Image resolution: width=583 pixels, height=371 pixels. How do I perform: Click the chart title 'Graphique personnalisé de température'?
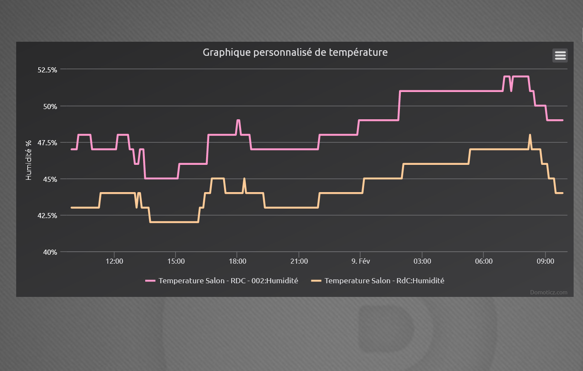pyautogui.click(x=295, y=52)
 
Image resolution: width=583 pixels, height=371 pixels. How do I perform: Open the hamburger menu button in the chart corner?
pyautogui.click(x=560, y=55)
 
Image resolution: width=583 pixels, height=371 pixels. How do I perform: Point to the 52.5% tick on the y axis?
pyautogui.click(x=47, y=69)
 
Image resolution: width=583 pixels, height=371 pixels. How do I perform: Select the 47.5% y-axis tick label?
pyautogui.click(x=47, y=143)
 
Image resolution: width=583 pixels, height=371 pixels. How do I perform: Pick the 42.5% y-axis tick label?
pyautogui.click(x=47, y=216)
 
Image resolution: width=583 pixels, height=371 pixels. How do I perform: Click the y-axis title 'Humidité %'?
pyautogui.click(x=29, y=161)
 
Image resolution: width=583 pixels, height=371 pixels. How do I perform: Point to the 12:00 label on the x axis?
pyautogui.click(x=114, y=261)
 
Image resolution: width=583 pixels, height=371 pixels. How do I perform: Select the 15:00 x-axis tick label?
pyautogui.click(x=176, y=261)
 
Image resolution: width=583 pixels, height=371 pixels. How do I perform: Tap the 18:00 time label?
pyautogui.click(x=237, y=261)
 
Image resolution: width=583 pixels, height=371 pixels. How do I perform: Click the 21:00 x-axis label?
pyautogui.click(x=299, y=261)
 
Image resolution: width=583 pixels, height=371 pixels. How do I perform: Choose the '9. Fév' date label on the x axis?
pyautogui.click(x=360, y=261)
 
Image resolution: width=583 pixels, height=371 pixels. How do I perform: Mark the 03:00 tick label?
pyautogui.click(x=422, y=261)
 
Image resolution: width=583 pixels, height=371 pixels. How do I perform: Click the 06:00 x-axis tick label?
pyautogui.click(x=484, y=261)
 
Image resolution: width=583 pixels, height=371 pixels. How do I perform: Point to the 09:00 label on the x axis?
pyautogui.click(x=545, y=261)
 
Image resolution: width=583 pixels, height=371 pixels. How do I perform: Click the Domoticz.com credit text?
pyautogui.click(x=549, y=292)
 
